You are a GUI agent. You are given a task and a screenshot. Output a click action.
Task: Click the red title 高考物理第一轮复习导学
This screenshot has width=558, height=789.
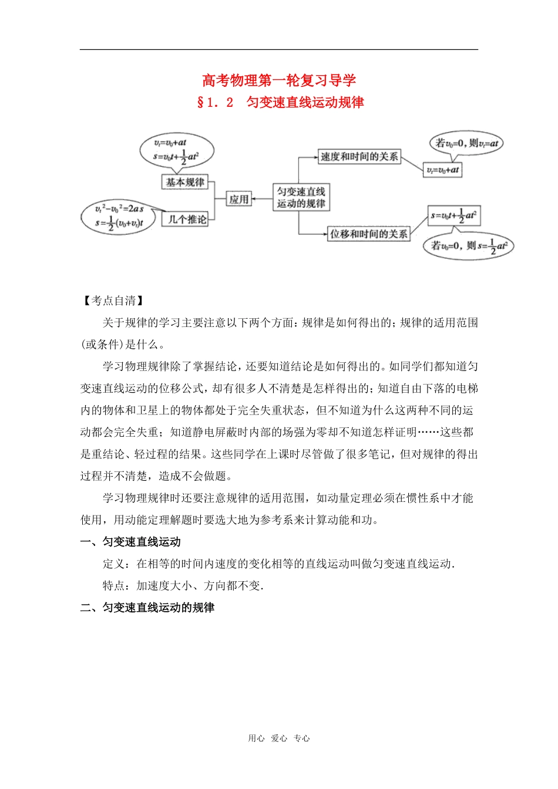coord(279,80)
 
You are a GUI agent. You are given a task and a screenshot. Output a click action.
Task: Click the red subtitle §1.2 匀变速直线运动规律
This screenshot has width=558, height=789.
coord(280,102)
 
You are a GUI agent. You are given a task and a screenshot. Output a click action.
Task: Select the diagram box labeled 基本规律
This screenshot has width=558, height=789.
coord(185,183)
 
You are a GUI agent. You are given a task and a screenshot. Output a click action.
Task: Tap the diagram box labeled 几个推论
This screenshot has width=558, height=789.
coord(187,220)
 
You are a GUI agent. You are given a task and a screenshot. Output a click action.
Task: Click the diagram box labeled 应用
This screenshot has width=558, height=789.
coord(239,200)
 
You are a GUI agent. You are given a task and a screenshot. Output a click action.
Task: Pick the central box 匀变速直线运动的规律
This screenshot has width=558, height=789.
coord(301,198)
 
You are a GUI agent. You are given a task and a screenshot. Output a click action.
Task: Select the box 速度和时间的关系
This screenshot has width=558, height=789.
coord(359,157)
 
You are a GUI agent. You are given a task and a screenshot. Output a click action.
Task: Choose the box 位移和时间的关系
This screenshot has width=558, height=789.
coord(368,234)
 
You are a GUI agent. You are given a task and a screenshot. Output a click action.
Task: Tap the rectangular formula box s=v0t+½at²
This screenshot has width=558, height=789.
coord(454,215)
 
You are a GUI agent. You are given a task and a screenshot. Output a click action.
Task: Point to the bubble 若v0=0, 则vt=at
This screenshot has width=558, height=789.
coord(466,143)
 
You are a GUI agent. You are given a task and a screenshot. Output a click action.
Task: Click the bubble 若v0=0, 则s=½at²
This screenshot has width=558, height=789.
coord(469,246)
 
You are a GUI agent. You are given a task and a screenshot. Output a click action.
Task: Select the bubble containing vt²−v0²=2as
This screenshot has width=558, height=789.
coord(119,217)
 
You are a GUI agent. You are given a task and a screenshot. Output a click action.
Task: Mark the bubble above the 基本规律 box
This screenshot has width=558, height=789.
coord(176,151)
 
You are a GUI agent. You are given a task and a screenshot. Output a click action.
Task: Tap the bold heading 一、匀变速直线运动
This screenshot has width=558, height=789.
coord(130,542)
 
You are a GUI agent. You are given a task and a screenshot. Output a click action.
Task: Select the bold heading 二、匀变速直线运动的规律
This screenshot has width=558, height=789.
coord(147,608)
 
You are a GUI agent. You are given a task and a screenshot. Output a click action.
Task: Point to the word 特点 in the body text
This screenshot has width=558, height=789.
coord(114,586)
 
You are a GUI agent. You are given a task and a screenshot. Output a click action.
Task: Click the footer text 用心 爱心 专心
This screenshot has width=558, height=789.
coord(279,739)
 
